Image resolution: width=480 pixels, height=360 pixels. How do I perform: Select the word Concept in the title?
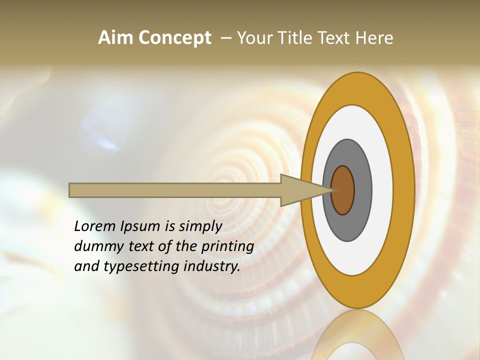coord(175,38)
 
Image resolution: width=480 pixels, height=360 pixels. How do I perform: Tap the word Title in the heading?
coord(291,38)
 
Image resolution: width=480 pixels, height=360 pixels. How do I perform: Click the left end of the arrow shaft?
coord(72,190)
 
